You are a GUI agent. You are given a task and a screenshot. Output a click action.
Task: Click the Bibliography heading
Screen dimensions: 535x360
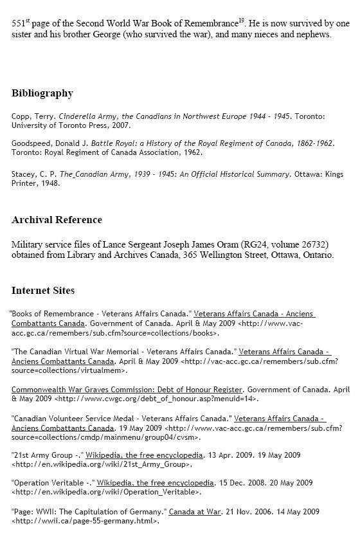pyautogui.click(x=42, y=94)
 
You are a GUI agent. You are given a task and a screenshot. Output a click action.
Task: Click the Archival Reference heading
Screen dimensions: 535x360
pyautogui.click(x=57, y=220)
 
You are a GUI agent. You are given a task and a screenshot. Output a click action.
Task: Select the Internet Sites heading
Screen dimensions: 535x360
pyautogui.click(x=42, y=291)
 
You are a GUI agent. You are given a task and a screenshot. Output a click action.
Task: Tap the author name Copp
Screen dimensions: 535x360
pyautogui.click(x=21, y=116)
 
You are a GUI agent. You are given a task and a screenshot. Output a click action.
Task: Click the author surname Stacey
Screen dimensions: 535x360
pyautogui.click(x=23, y=174)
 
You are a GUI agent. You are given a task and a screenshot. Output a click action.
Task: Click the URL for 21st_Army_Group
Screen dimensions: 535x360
pyautogui.click(x=101, y=463)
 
